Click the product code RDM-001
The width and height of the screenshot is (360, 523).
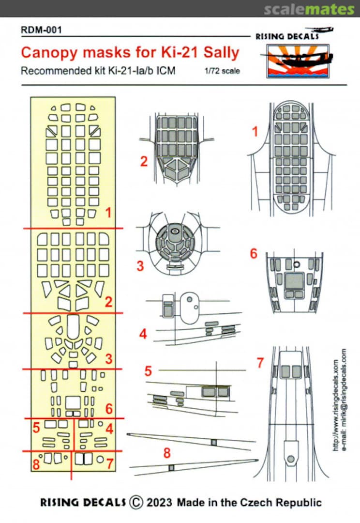[41, 30]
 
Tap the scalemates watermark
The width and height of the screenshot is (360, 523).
[309, 9]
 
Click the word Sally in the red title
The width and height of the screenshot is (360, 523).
[216, 52]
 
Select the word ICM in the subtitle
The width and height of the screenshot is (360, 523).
[165, 71]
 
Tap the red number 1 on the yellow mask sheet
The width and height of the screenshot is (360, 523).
[109, 213]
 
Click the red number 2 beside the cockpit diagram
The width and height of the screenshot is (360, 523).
[144, 161]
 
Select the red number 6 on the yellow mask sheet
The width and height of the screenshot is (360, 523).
[109, 409]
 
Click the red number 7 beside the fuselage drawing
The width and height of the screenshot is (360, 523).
[260, 362]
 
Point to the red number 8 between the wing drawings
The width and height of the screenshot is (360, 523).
[167, 454]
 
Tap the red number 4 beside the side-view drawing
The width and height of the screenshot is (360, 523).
[143, 334]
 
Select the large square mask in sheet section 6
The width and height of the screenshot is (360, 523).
[73, 402]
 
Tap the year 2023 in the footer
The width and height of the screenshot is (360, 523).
[159, 502]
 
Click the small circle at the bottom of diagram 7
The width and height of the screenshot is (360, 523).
[290, 458]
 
